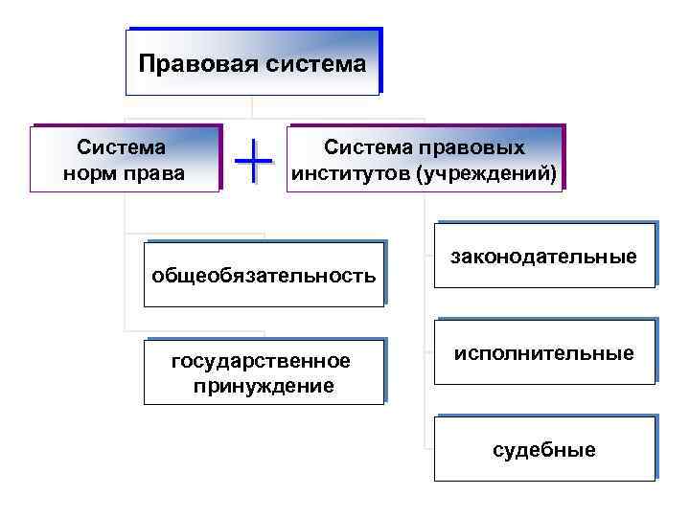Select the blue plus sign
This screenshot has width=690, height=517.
point(254,159)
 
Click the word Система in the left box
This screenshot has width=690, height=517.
point(122,147)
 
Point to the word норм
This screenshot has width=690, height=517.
point(90,174)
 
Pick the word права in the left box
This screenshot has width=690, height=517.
point(155,174)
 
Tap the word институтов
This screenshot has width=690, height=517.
point(356,174)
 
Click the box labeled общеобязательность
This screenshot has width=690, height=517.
point(264,276)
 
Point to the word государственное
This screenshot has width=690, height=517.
point(262,361)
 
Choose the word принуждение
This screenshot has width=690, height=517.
point(264,386)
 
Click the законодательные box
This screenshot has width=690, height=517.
point(544,256)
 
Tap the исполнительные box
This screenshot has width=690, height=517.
point(544,353)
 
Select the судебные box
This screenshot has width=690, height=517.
point(544,449)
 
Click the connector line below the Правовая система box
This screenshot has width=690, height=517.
point(252,107)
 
